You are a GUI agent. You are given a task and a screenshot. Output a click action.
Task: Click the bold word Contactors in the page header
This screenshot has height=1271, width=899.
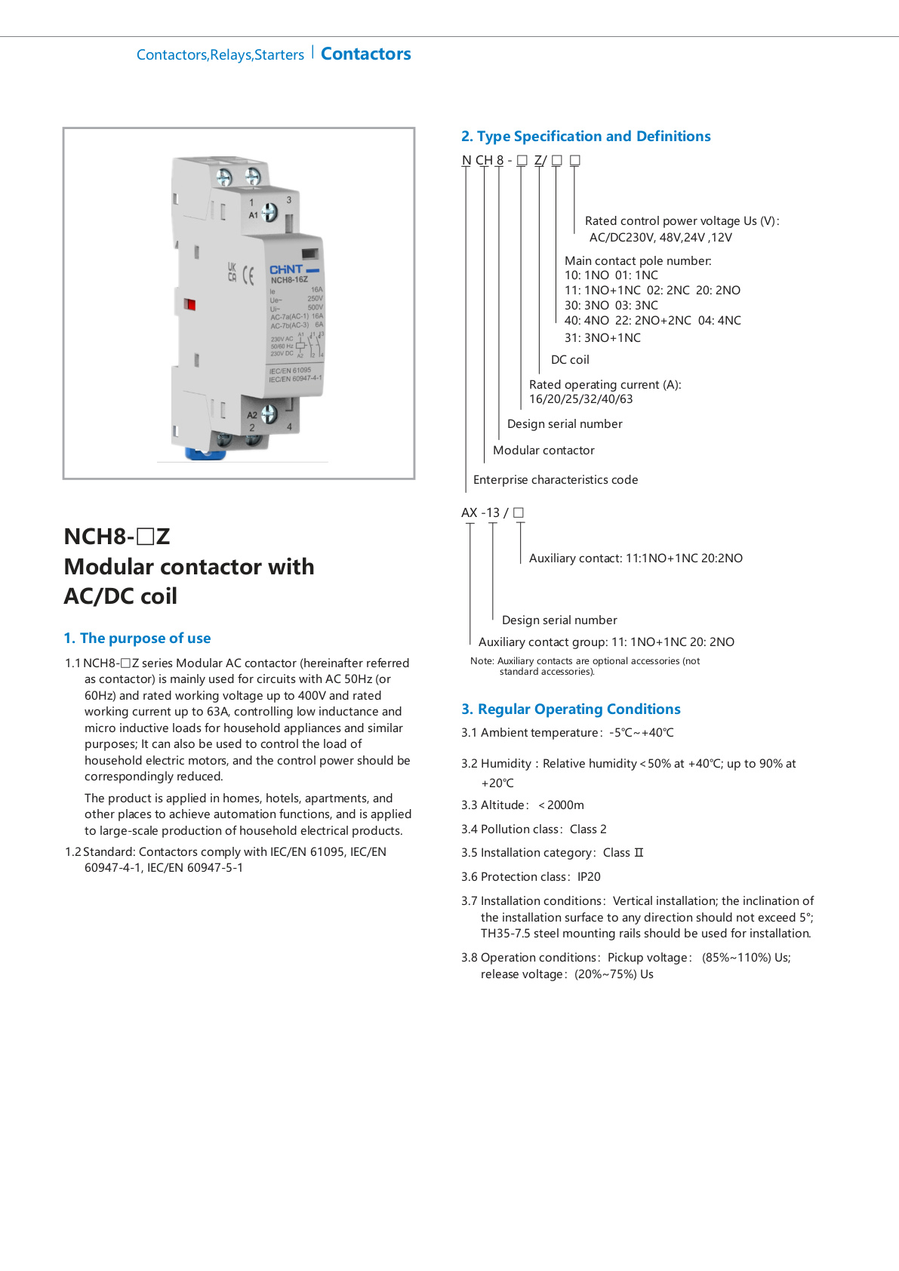point(365,54)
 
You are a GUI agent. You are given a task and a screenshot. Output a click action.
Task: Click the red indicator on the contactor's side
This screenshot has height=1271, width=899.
point(190,304)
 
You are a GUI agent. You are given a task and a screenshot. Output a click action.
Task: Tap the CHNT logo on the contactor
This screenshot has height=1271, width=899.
point(286,269)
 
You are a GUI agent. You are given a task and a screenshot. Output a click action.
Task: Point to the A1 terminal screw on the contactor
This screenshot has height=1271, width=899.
point(269,214)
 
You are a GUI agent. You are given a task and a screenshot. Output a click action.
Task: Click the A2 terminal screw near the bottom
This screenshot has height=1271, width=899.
point(269,414)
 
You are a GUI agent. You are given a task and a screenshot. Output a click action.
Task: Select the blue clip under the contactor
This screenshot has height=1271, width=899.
point(205,453)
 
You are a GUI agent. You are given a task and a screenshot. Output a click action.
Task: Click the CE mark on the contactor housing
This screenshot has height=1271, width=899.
point(248,275)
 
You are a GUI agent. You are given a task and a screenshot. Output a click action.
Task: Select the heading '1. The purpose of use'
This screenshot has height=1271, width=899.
point(137,639)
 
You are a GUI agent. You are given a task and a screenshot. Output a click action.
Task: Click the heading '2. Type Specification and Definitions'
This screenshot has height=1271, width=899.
point(586,137)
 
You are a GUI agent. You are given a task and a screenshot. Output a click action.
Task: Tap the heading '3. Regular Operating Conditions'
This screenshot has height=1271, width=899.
point(571,709)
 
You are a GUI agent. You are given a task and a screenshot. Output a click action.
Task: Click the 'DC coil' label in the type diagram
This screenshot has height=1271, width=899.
point(570,360)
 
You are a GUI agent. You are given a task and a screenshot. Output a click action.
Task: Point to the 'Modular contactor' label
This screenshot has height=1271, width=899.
point(543,451)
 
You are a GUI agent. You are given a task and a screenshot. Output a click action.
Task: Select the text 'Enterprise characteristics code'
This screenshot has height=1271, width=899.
point(556,480)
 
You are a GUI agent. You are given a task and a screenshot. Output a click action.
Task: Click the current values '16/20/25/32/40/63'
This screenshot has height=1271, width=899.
point(580,399)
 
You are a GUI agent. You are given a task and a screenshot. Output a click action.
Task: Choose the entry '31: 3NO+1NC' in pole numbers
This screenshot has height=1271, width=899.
point(602,338)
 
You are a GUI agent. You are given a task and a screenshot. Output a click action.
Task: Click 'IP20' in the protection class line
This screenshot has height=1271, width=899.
point(589,877)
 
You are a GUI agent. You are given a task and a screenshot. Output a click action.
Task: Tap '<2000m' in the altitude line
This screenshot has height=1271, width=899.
point(561,805)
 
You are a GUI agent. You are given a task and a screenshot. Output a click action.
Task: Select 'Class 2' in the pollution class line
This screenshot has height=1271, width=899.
point(588,829)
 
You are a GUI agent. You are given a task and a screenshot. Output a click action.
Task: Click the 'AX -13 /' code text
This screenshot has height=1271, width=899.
point(485,513)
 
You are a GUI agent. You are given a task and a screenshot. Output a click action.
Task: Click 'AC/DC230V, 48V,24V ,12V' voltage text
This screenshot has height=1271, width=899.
point(660,238)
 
